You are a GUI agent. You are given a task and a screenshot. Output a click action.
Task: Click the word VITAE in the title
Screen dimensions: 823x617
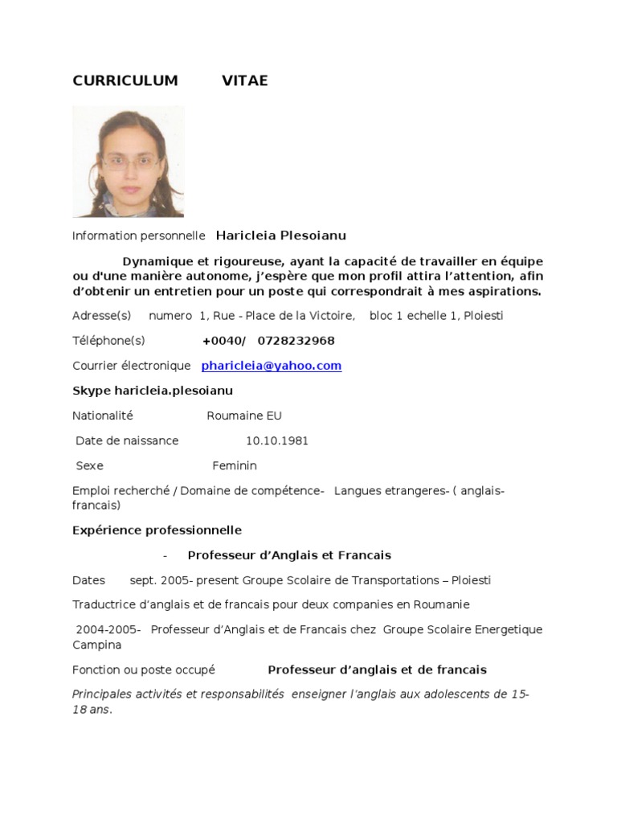click(245, 80)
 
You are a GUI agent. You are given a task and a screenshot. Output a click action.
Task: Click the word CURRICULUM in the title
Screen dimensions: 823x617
click(125, 80)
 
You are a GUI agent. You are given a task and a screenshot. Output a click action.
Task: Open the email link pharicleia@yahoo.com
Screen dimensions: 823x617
click(272, 366)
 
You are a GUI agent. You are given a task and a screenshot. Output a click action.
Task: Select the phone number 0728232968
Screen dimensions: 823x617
click(296, 341)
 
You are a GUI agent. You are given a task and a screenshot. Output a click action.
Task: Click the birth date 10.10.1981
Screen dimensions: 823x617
click(277, 440)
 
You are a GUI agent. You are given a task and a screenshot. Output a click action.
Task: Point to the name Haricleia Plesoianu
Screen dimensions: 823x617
click(281, 235)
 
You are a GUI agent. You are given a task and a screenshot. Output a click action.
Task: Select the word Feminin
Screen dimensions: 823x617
click(235, 465)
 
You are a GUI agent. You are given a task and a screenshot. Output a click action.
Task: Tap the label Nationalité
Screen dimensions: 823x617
click(103, 416)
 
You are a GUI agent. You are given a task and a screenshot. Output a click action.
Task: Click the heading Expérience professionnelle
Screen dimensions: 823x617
click(157, 530)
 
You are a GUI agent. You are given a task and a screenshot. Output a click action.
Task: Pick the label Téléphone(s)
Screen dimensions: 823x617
click(108, 341)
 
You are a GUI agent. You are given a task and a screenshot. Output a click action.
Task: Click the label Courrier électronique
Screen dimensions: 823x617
click(132, 366)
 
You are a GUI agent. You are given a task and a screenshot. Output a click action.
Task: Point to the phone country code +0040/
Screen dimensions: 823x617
click(224, 341)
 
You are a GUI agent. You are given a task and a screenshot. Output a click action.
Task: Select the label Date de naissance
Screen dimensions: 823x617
click(127, 440)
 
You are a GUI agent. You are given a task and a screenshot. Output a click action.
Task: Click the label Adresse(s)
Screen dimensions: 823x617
click(101, 315)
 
